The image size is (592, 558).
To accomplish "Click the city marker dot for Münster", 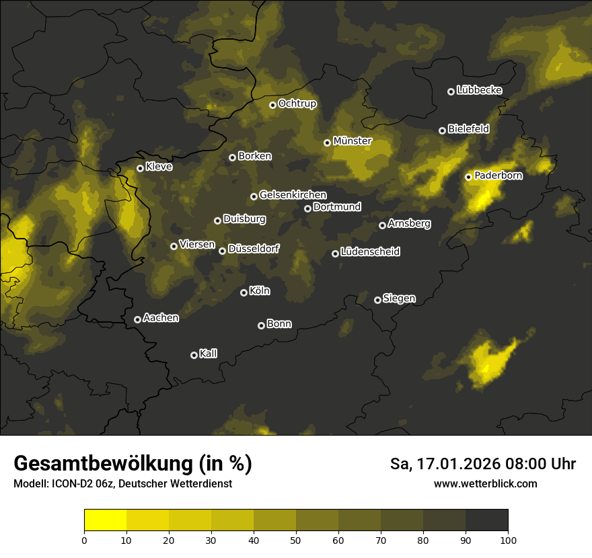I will (x=327, y=143).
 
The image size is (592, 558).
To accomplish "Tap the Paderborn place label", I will (x=498, y=175).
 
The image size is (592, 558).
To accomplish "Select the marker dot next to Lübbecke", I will (x=451, y=91).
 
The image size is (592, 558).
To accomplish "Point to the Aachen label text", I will (x=161, y=318).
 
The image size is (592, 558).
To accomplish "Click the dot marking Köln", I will (x=244, y=292).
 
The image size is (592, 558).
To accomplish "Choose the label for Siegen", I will (x=399, y=298).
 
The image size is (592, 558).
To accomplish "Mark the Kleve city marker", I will (x=140, y=168).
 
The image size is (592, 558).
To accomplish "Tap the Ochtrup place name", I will (x=297, y=104).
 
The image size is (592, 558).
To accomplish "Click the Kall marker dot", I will (x=194, y=355).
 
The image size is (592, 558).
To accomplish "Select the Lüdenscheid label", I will (x=370, y=252).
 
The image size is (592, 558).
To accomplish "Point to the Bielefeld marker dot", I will (x=442, y=130).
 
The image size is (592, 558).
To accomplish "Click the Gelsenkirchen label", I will (x=293, y=195).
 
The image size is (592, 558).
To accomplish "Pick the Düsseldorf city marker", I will (x=222, y=251).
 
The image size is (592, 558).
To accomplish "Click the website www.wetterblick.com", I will (x=485, y=484).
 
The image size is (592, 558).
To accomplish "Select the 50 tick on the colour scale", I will (x=296, y=541).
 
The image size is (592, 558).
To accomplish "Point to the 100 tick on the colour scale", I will (x=508, y=541).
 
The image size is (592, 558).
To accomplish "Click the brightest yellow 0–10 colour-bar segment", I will (x=105, y=520).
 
